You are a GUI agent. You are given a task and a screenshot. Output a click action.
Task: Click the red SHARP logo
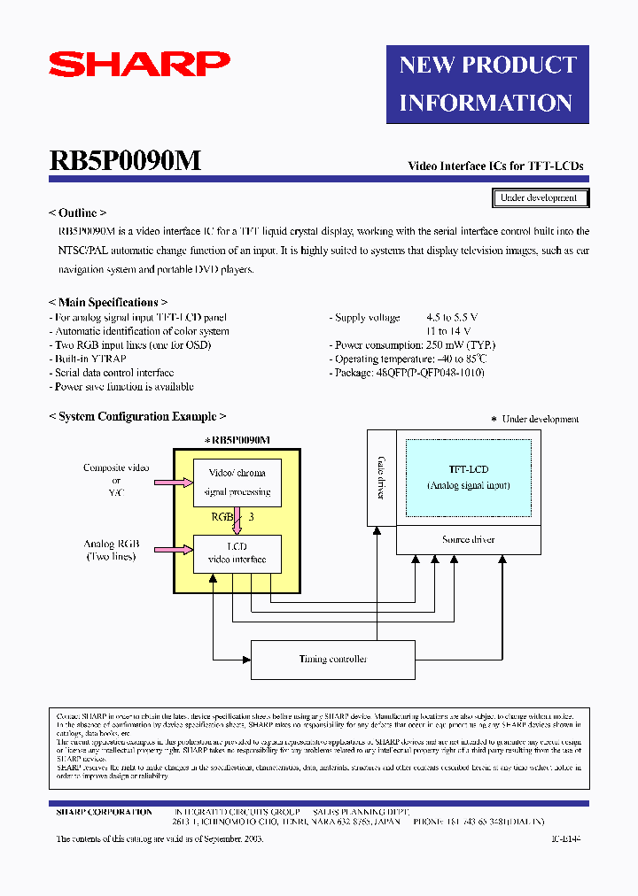point(139,64)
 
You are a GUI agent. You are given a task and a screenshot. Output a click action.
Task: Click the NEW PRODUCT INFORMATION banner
point(487,84)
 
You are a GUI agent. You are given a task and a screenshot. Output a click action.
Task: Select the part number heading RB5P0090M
point(125,161)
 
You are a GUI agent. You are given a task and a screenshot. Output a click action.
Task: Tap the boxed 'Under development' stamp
point(540,198)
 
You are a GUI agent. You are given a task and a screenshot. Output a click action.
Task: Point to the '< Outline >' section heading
point(78,213)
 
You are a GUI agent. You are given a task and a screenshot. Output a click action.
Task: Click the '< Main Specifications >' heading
point(108,303)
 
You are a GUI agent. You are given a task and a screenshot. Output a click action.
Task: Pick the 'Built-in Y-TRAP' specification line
point(91,359)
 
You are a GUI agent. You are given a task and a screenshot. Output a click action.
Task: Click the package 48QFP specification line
point(408,373)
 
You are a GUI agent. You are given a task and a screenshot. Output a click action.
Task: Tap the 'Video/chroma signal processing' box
point(237,483)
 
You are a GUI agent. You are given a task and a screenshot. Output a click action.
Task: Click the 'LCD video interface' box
point(237,552)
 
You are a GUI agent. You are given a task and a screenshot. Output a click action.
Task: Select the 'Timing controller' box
point(333,660)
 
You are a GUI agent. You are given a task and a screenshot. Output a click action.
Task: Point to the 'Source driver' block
point(468,540)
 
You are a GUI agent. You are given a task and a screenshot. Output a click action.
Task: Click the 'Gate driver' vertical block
point(381,478)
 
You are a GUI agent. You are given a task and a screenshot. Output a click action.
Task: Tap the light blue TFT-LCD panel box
point(468,477)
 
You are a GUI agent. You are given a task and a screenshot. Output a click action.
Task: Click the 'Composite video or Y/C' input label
point(116,479)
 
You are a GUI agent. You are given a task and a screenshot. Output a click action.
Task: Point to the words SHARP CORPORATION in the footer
point(104,812)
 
